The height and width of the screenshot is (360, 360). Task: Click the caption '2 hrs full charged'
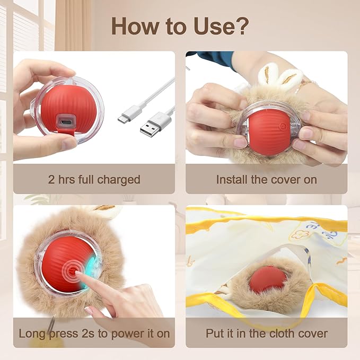[x=94, y=179]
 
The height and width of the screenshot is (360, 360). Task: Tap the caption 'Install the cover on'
[x=266, y=179]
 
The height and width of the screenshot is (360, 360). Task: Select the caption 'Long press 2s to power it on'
[x=94, y=333]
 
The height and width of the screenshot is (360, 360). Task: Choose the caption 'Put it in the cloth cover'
[x=266, y=333]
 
